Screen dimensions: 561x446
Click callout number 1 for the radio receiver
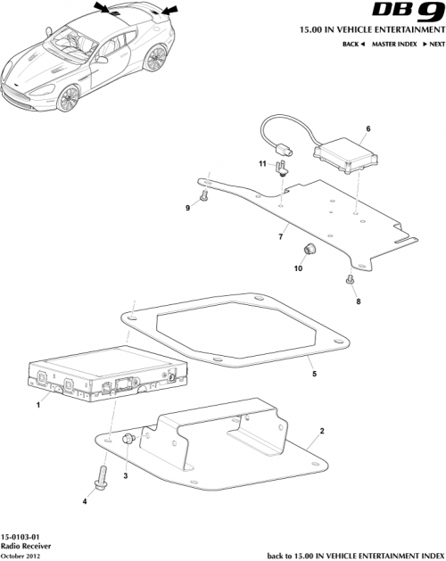[38, 406]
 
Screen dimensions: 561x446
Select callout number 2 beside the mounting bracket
[321, 431]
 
